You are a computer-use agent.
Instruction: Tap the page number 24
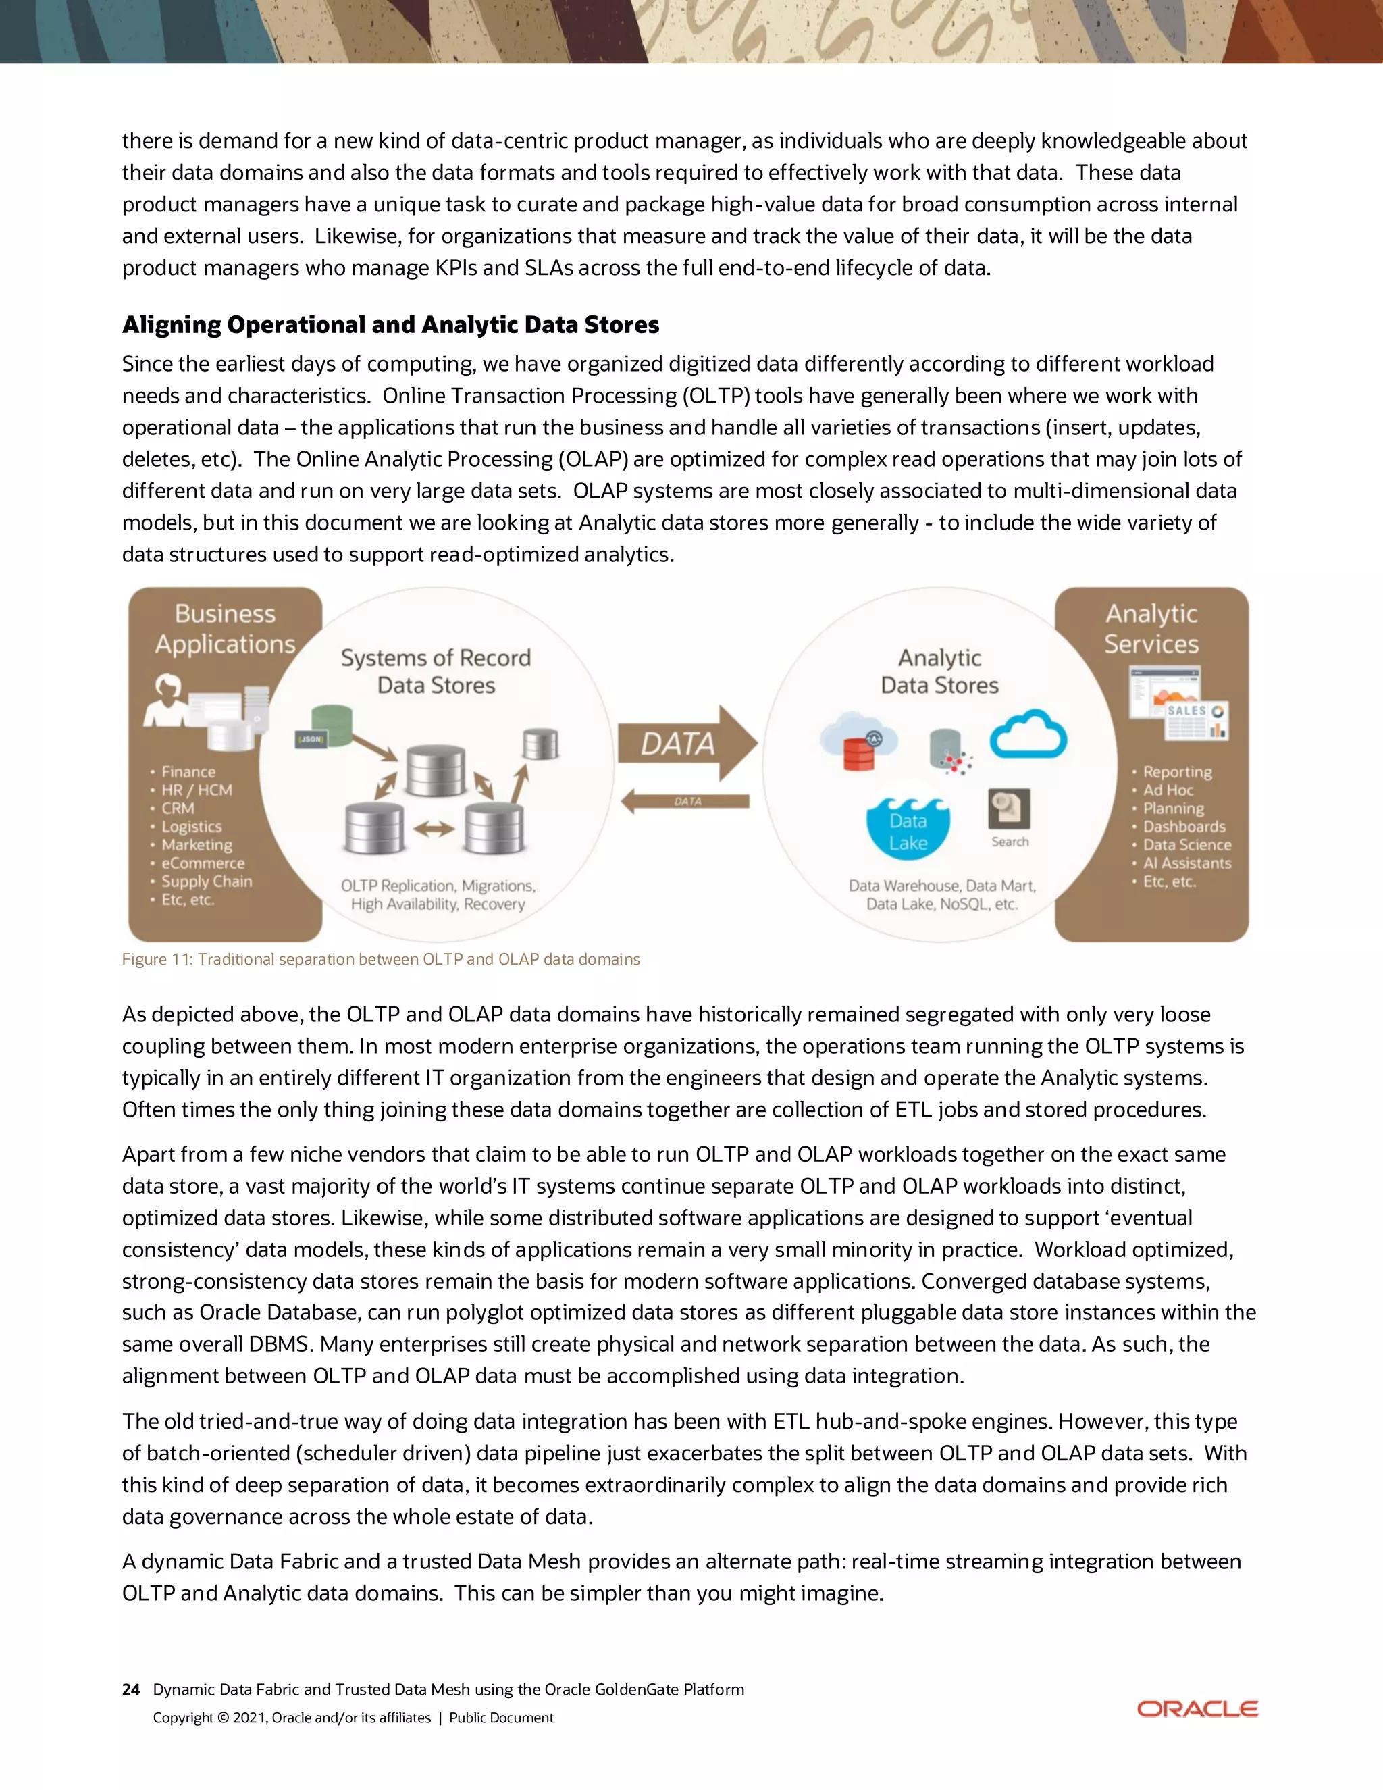[130, 1689]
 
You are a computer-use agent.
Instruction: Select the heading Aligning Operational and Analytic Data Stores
[390, 324]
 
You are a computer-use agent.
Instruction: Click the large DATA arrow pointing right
[685, 742]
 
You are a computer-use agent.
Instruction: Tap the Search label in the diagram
[1010, 841]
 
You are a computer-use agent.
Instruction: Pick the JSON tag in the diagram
[311, 739]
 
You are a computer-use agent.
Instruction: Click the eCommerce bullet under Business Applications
[203, 863]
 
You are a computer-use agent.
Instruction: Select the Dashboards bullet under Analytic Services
[1184, 826]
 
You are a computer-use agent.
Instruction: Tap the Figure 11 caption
[381, 959]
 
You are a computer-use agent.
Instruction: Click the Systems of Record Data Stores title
[436, 671]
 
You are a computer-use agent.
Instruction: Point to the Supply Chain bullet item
[207, 881]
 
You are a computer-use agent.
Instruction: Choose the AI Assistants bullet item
[1186, 863]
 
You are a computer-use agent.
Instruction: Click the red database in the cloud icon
[858, 748]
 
